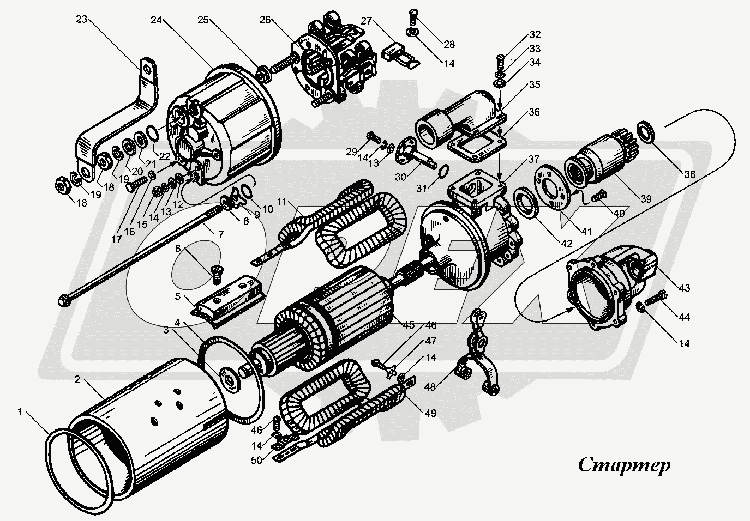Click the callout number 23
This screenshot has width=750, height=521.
[x=81, y=20]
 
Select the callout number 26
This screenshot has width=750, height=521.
[x=265, y=21]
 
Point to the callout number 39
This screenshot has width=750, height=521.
[x=646, y=199]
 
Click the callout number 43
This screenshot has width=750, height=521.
[x=684, y=287]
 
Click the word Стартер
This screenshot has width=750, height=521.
[x=624, y=465]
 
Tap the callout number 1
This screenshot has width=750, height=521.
[x=20, y=413]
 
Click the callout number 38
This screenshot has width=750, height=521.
[x=690, y=175]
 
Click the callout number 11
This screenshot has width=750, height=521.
[x=283, y=201]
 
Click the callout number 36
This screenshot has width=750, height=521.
[x=534, y=112]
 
